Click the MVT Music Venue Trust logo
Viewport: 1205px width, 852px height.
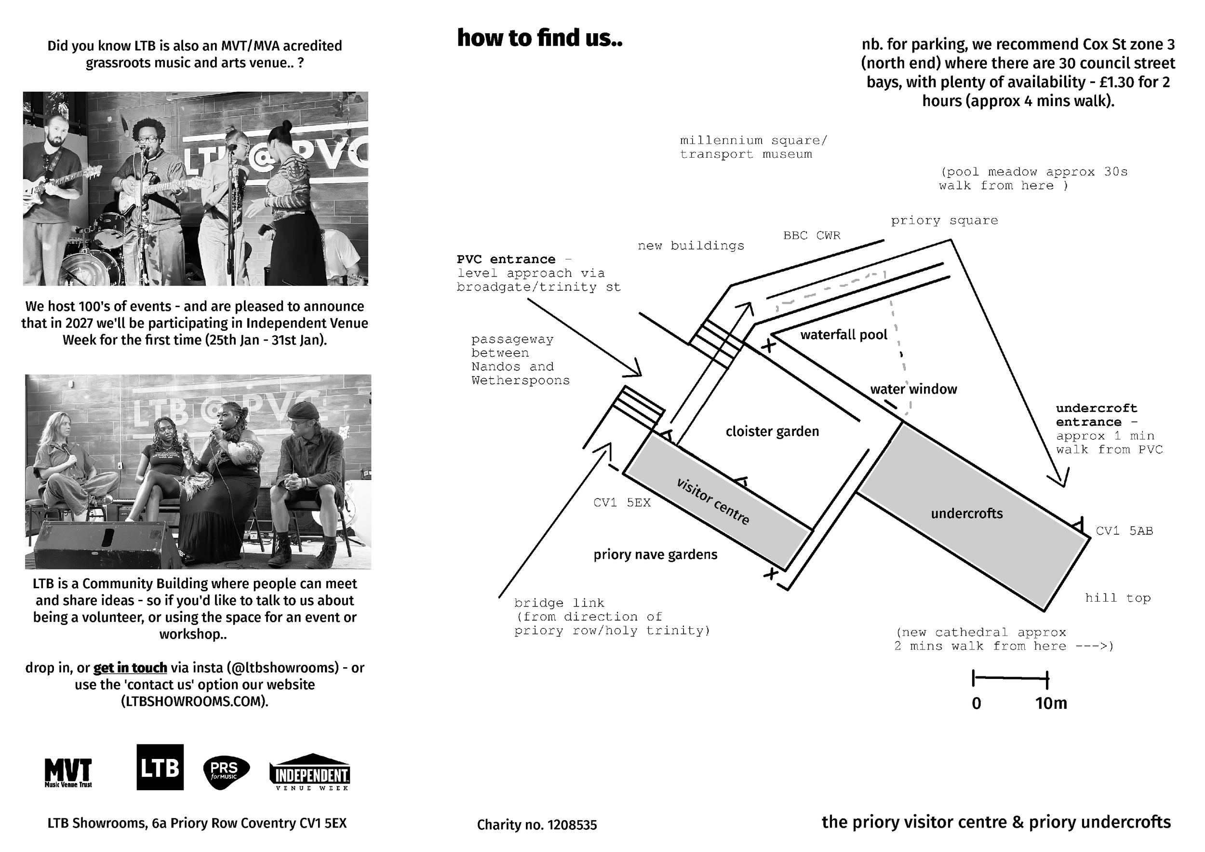point(68,773)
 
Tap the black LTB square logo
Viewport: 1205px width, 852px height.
point(160,767)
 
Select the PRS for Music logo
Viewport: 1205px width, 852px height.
point(226,772)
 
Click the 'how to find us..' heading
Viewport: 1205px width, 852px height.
point(539,38)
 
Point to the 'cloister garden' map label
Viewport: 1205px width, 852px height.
point(772,432)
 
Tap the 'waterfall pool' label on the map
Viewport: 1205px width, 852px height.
point(843,335)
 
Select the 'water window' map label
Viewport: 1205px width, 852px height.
point(913,389)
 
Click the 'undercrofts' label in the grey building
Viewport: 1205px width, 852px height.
point(967,514)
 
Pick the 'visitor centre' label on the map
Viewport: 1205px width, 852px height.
point(713,501)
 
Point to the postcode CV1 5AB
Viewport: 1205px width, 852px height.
point(1124,531)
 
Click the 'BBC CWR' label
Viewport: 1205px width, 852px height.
point(811,235)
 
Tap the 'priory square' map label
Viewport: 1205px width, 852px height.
point(944,221)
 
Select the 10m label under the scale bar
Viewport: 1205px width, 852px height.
point(1051,703)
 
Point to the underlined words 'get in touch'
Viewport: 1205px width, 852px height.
point(130,668)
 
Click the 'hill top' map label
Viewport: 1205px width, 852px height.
point(1118,598)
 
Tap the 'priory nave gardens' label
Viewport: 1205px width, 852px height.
point(655,555)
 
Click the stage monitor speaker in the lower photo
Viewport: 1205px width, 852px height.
point(108,544)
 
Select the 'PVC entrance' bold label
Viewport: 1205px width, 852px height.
point(506,259)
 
